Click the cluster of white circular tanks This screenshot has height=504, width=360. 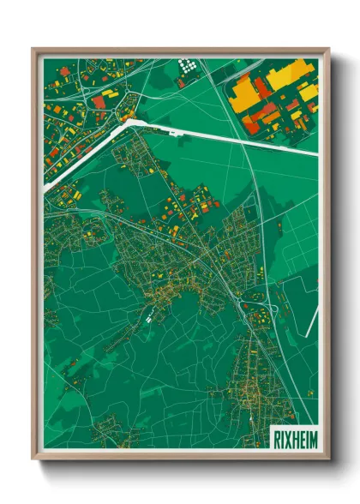(x=186, y=64)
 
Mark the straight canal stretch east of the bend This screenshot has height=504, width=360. (x=223, y=137)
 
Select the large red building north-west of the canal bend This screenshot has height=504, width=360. (x=99, y=102)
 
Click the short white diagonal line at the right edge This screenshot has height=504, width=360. (x=313, y=319)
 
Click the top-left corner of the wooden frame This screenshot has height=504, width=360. (x=33, y=49)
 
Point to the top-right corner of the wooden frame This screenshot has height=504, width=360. (x=328, y=49)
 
